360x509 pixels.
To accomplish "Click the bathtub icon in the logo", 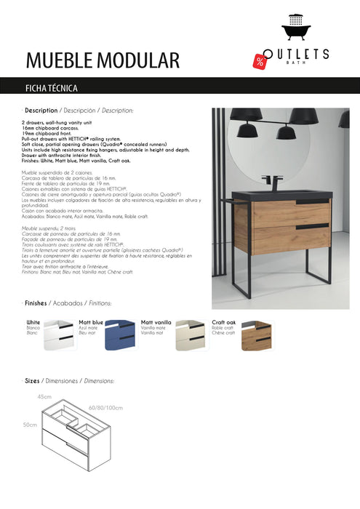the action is coord(295,31).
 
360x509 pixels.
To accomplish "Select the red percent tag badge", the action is coord(260,61).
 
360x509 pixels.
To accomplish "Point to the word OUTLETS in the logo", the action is coord(297,54).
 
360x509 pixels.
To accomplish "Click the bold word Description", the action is coord(41,111).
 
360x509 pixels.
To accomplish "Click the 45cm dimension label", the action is coord(44,397).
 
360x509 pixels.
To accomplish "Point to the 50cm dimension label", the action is coord(30,425).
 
